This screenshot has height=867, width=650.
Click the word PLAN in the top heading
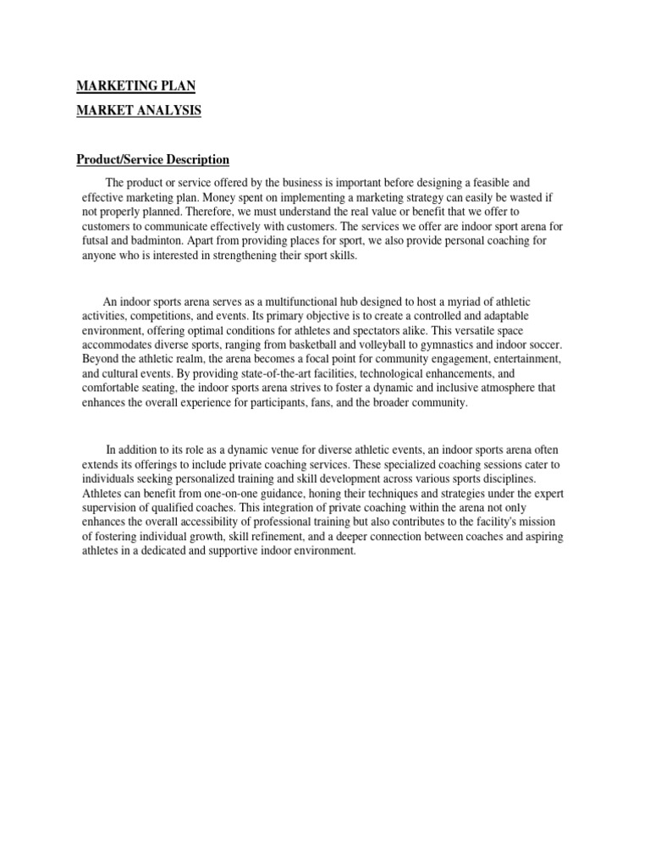pyautogui.click(x=177, y=86)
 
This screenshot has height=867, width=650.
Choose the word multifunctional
pyautogui.click(x=288, y=302)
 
